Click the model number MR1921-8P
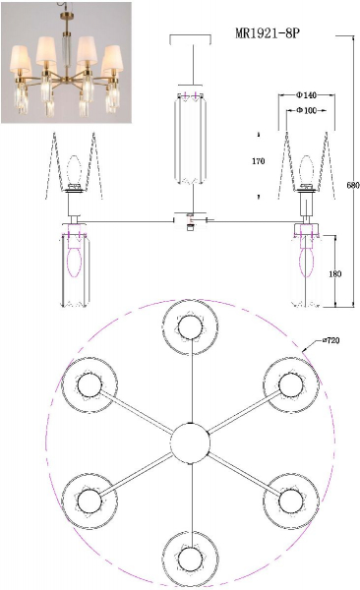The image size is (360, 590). tap(268, 33)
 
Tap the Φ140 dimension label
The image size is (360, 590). tap(306, 95)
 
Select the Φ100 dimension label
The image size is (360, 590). tap(306, 110)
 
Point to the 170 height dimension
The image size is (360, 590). tap(259, 161)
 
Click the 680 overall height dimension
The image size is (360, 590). tap(353, 185)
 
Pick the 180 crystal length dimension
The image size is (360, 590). tap(334, 274)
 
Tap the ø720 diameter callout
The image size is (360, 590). tap(331, 340)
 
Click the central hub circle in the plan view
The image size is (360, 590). tap(190, 442)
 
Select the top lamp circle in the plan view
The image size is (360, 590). tap(191, 326)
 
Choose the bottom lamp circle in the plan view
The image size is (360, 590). tap(191, 559)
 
